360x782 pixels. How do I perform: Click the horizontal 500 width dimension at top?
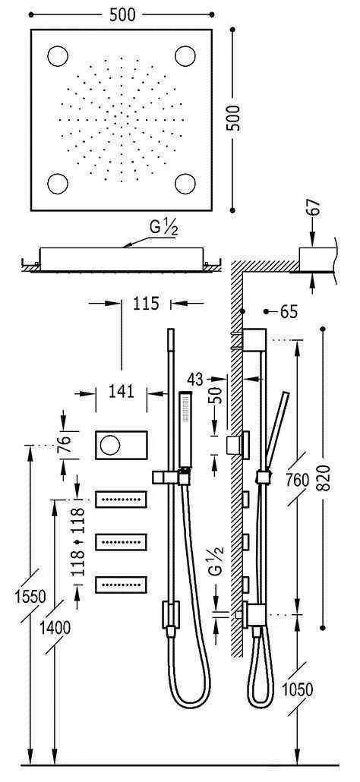tap(122, 13)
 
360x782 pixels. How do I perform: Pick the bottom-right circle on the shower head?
tap(185, 183)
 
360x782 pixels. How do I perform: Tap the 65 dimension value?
tap(289, 312)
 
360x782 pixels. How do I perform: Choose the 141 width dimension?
tap(121, 392)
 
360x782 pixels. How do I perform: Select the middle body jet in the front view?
tap(122, 542)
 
